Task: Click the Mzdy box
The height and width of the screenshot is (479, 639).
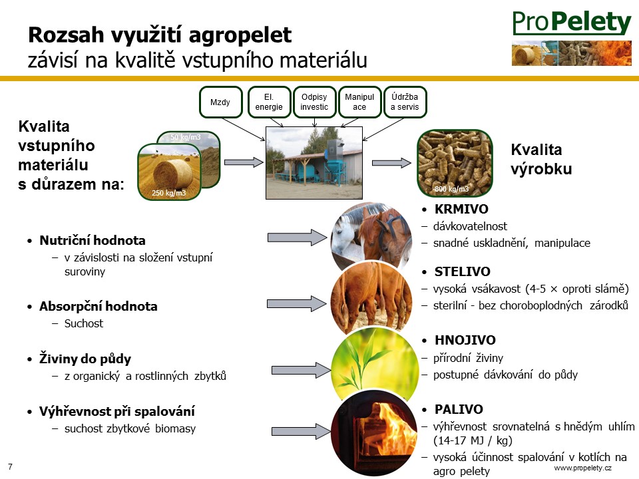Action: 220,102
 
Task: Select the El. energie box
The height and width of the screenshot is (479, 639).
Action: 269,102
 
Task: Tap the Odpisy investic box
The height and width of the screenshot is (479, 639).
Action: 314,102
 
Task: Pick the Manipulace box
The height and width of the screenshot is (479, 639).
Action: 359,102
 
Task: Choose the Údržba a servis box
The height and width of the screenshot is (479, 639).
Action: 405,102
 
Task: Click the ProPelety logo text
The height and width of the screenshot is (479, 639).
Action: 572,23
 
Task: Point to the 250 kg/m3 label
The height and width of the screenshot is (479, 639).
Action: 168,193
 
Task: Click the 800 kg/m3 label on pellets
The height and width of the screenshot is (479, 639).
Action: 451,189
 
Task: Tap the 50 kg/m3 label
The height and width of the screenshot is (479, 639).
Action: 186,137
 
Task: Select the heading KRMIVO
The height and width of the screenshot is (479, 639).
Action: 461,209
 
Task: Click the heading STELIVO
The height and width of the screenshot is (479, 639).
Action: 463,271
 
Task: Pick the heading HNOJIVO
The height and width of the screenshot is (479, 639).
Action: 465,340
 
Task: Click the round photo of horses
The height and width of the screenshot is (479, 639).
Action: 371,236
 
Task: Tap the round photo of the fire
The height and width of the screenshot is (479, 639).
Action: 374,435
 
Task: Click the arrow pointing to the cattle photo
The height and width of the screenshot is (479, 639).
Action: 297,304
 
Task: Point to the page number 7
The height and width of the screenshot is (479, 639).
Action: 10,467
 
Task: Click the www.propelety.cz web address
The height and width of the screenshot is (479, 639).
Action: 583,468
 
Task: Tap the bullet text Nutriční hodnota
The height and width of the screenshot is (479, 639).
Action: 93,240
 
